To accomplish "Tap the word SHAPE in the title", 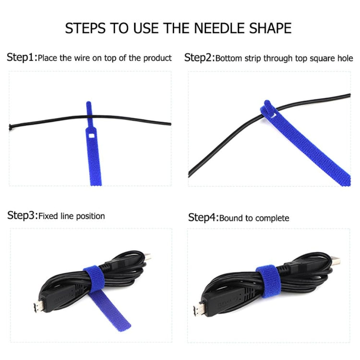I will [x=266, y=27].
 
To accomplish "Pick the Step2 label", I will [x=198, y=58].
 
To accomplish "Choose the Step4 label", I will [x=202, y=217].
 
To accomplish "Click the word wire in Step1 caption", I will [x=84, y=59].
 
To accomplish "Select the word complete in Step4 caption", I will [x=272, y=218].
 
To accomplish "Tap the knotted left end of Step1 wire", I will [x=11, y=128].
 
